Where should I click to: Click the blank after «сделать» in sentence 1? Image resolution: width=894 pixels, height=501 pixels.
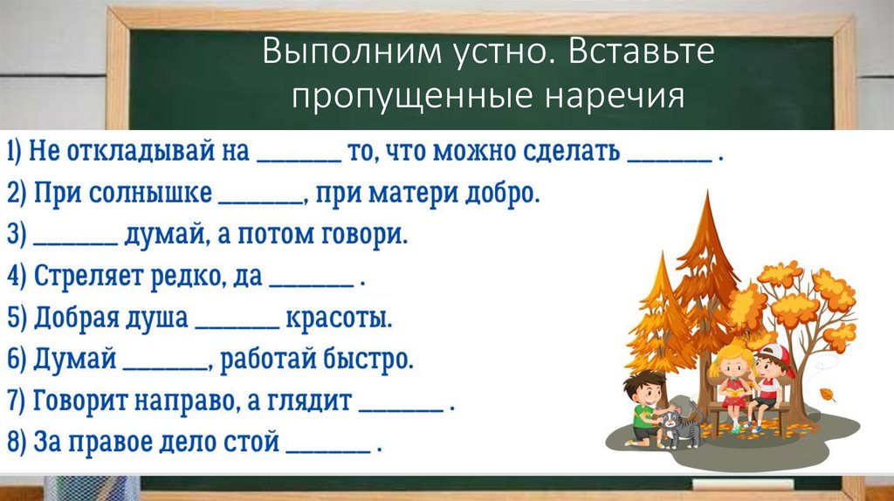669,158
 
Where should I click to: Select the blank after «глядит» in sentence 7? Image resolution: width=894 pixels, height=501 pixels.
402,406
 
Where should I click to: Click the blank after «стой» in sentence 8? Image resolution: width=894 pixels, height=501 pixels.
328,447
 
